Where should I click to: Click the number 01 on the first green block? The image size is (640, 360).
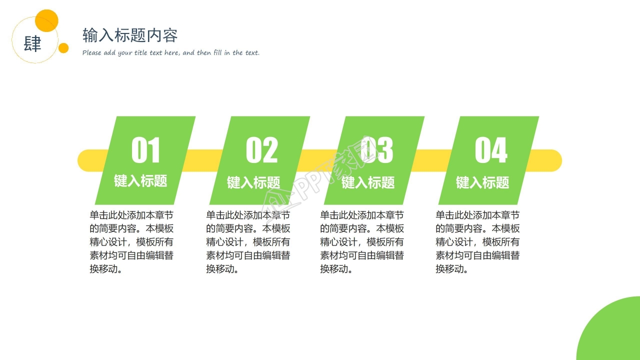[145, 150]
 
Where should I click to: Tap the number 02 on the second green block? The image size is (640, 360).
[261, 150]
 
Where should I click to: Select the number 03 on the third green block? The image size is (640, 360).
[376, 150]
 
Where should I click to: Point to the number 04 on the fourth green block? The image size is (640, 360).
[491, 150]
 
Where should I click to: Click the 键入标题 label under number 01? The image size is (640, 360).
[140, 181]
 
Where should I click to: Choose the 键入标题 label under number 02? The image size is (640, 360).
[253, 182]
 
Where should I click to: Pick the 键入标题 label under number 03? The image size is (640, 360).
[368, 182]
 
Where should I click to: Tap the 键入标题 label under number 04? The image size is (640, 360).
[482, 182]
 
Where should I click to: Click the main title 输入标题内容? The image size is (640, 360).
[130, 35]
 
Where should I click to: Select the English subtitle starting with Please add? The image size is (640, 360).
[171, 52]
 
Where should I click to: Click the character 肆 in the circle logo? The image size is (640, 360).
[32, 44]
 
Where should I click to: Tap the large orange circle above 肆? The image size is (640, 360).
[47, 20]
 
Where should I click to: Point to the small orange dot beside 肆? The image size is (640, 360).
[63, 48]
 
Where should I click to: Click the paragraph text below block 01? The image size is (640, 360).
[132, 242]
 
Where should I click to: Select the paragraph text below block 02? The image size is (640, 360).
[248, 242]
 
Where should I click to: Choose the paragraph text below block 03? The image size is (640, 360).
[362, 242]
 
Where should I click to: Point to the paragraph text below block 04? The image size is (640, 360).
[477, 242]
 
